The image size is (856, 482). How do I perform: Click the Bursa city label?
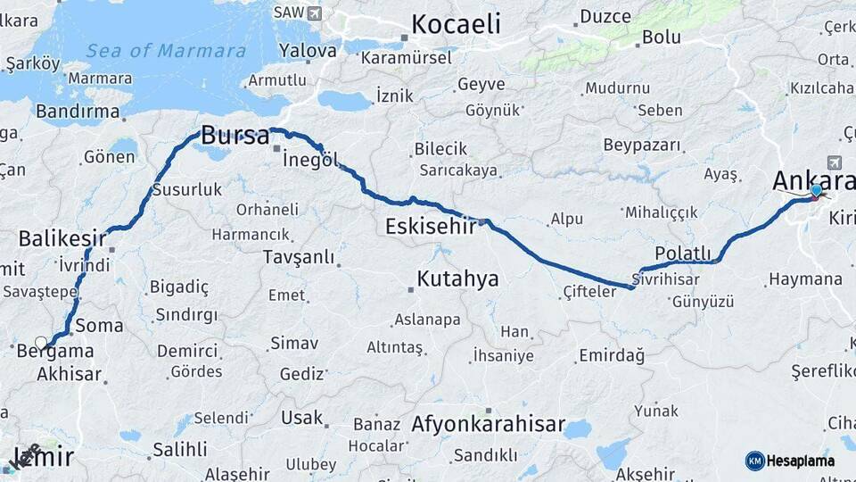(x=235, y=137)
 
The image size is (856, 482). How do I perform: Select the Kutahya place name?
(x=457, y=279)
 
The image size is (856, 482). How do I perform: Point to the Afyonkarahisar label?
(x=488, y=424)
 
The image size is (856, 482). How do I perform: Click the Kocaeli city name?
(x=455, y=24)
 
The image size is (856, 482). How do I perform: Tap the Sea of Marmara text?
(x=166, y=51)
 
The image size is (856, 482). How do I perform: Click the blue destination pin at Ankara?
(x=817, y=190)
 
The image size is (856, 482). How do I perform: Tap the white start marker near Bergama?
(x=41, y=343)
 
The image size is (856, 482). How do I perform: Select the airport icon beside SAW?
(x=314, y=12)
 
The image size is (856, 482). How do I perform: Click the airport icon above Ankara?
(x=835, y=162)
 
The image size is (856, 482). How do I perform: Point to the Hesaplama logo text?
(x=801, y=461)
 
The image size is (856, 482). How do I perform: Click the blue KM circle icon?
(x=754, y=461)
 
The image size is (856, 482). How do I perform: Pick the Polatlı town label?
(x=682, y=253)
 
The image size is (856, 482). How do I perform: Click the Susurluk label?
(x=186, y=189)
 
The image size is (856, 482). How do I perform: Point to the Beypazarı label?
(x=642, y=145)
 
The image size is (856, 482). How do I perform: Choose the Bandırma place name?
(x=78, y=112)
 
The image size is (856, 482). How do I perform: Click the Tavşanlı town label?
(x=299, y=257)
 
